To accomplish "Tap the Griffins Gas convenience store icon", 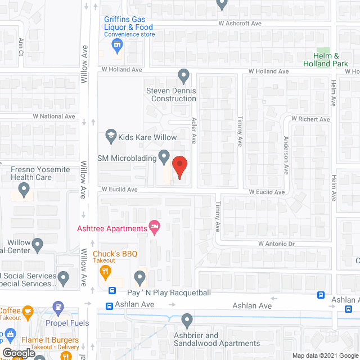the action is point(117,44).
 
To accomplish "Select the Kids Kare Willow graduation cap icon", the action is point(111,137).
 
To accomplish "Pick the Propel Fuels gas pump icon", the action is point(57,308).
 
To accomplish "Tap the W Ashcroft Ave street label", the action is point(241,24).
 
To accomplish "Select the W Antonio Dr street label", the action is point(277,244).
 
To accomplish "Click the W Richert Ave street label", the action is point(310,119).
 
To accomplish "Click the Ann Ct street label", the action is point(21,42).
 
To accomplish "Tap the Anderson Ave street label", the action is point(286,155).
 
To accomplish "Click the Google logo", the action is point(19,353).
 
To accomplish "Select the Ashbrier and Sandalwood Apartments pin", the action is point(187,319).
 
